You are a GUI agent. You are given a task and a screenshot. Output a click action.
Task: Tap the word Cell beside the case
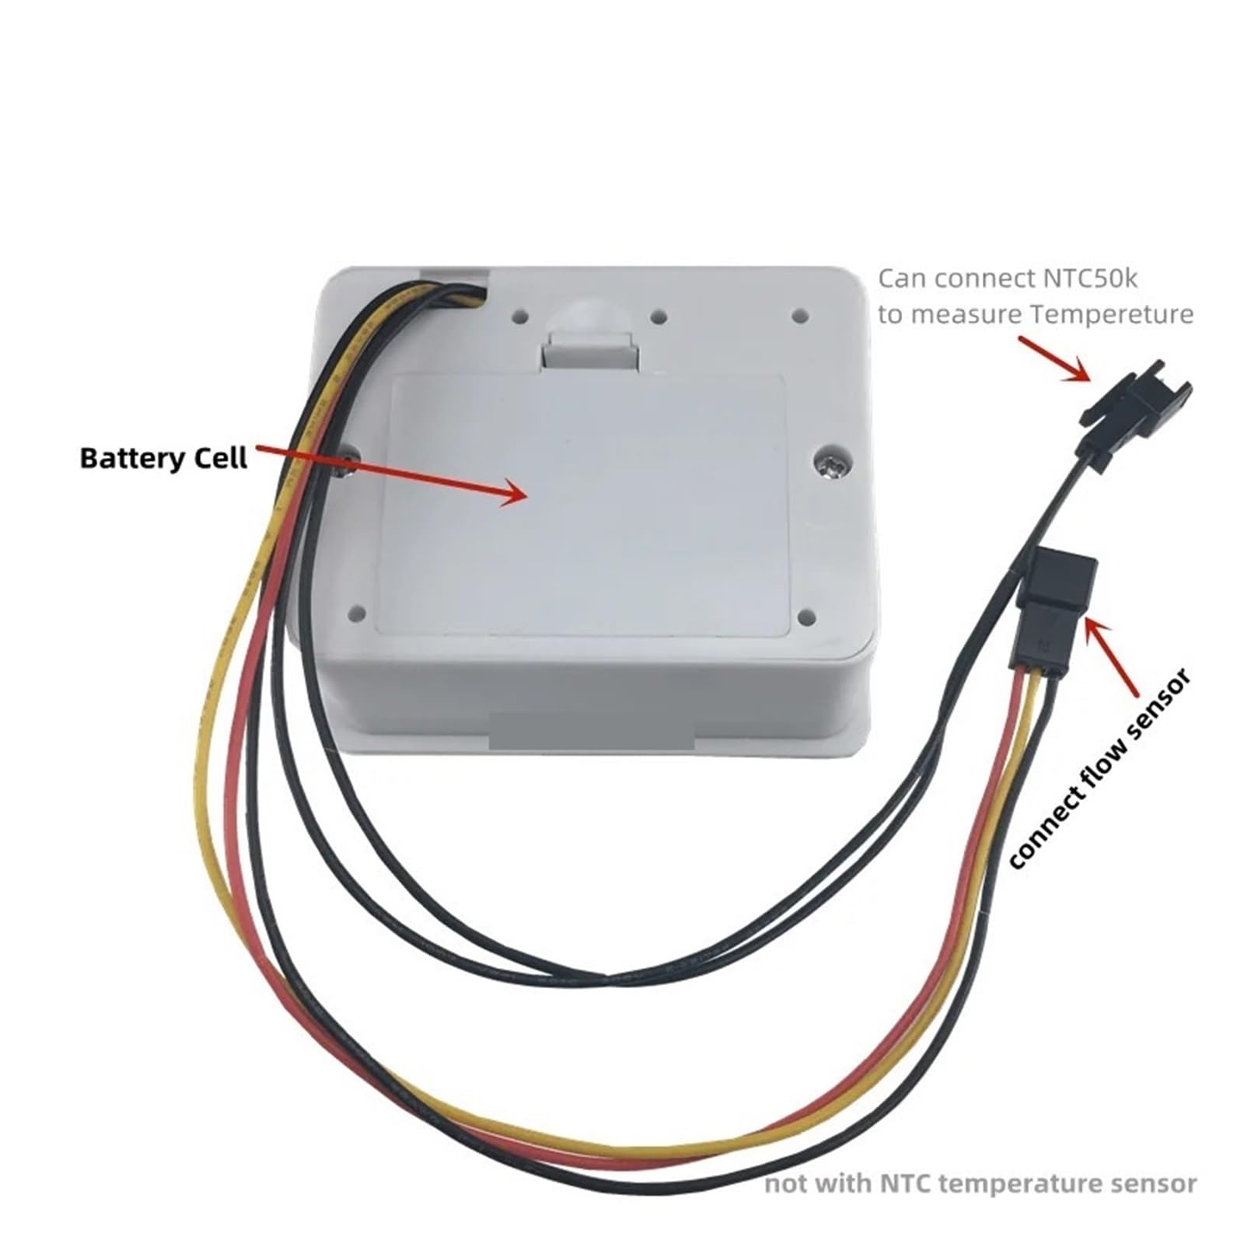click(x=221, y=457)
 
